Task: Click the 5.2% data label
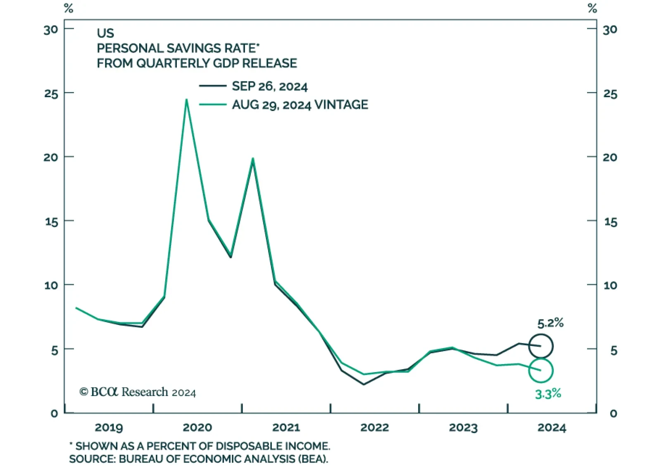[550, 323]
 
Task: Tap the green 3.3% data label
[548, 394]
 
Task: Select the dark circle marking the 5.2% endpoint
[541, 346]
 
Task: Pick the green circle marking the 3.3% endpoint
[541, 370]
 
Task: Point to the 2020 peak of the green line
[186, 100]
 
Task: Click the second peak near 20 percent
[253, 159]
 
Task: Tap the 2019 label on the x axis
[109, 427]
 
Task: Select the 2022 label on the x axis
[374, 427]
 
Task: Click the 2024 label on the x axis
[552, 427]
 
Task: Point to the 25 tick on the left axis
[51, 94]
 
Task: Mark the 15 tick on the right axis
[610, 222]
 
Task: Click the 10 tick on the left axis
[51, 285]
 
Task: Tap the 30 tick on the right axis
[610, 30]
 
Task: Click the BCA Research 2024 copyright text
[138, 392]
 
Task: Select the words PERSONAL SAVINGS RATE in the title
[176, 48]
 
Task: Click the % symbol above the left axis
[69, 8]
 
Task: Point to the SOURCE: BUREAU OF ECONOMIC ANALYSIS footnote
[198, 459]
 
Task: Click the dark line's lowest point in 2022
[364, 384]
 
